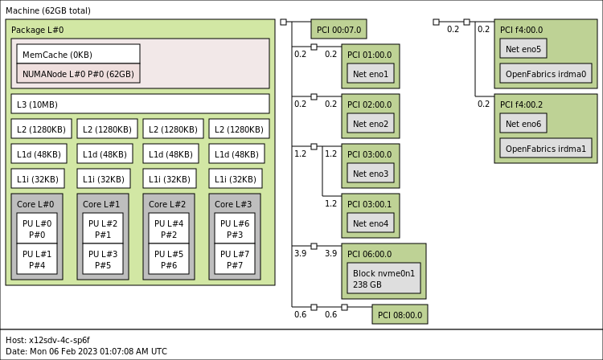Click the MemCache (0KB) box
78,55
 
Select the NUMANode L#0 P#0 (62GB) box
78,73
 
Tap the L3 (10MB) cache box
140,104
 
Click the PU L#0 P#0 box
37,229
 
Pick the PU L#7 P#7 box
235,260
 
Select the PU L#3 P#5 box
103,260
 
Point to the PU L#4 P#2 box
169,229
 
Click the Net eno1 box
371,74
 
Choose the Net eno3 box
371,174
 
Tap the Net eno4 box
371,223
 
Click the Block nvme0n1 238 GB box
384,278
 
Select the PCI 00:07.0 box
338,30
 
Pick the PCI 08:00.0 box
400,314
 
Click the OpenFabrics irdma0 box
546,74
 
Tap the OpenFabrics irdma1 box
546,149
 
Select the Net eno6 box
523,124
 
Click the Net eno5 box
523,49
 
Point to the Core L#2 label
167,205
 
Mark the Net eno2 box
371,124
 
